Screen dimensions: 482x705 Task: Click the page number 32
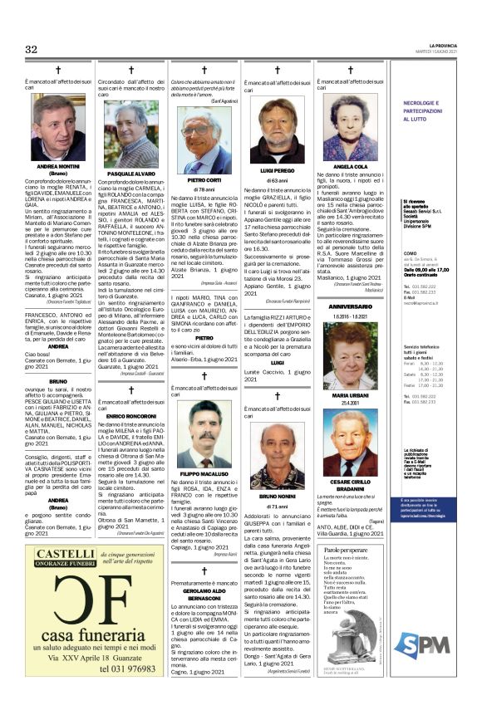pos(31,50)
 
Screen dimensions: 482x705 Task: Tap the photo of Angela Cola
pos(348,122)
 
